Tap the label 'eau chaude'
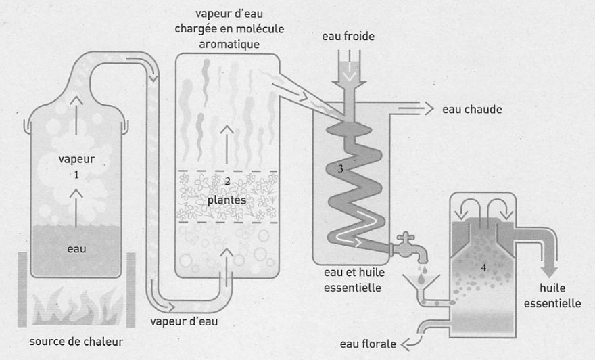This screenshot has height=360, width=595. click(471, 108)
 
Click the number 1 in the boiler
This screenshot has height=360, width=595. click(77, 174)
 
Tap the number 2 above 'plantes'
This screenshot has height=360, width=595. click(228, 181)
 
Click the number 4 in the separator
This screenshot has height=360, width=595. click(483, 266)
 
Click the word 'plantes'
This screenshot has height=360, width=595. click(227, 200)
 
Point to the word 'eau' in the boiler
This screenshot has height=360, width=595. click(76, 249)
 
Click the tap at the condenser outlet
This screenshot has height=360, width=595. click(410, 248)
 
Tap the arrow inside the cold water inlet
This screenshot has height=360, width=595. click(350, 74)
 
